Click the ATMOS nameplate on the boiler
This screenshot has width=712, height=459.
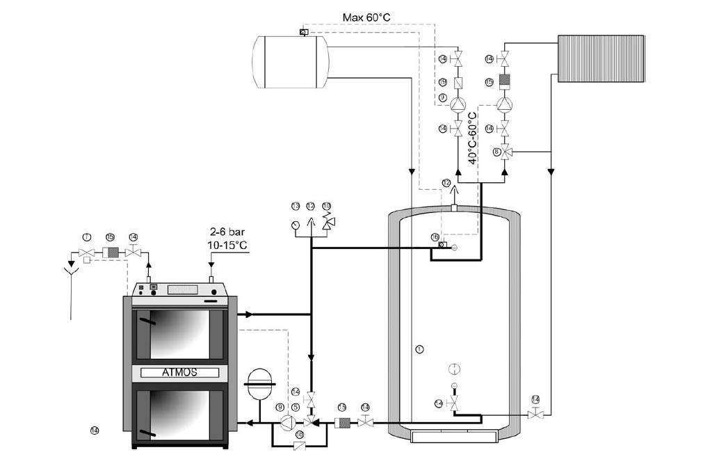click(x=179, y=372)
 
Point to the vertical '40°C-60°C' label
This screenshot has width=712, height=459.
click(x=473, y=138)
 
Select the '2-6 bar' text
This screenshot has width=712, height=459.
click(x=227, y=232)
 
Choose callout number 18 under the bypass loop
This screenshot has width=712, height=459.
click(x=299, y=433)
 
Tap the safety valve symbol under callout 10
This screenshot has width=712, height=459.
click(x=327, y=223)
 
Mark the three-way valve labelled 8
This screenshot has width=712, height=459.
click(x=506, y=152)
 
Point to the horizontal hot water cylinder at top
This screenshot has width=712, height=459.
click(x=290, y=63)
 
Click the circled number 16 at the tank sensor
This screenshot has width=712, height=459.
click(x=435, y=237)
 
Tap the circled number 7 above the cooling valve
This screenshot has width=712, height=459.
click(x=86, y=237)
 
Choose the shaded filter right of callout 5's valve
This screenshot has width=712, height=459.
click(x=342, y=422)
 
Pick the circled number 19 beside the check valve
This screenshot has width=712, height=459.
click(x=442, y=82)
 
